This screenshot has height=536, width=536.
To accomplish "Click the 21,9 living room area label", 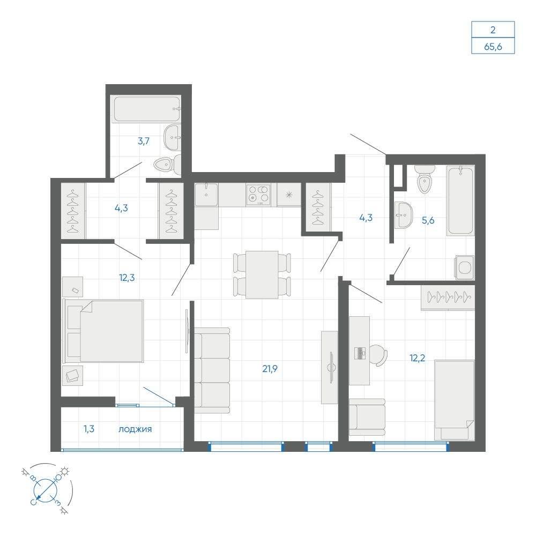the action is click(x=270, y=369).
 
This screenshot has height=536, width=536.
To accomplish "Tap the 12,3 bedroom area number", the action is click(x=127, y=278).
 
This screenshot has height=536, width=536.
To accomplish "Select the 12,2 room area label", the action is click(x=417, y=358).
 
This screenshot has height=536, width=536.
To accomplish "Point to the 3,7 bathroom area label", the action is click(x=144, y=141).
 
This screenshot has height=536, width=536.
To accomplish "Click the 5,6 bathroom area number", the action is click(x=428, y=220).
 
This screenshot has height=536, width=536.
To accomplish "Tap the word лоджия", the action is click(x=135, y=429).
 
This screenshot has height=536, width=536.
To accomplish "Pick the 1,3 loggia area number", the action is click(x=89, y=429).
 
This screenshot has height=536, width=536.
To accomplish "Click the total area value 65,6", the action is click(x=493, y=47).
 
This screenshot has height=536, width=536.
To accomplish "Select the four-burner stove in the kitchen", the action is click(x=258, y=195).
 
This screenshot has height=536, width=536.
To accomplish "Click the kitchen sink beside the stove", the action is click(x=206, y=195).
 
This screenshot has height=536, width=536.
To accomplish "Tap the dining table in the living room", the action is click(x=262, y=275).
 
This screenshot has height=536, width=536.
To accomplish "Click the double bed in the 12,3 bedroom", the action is click(x=103, y=331).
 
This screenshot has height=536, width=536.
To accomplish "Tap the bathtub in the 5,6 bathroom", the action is click(x=460, y=200).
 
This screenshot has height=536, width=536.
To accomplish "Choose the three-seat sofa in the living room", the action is click(x=212, y=370).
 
